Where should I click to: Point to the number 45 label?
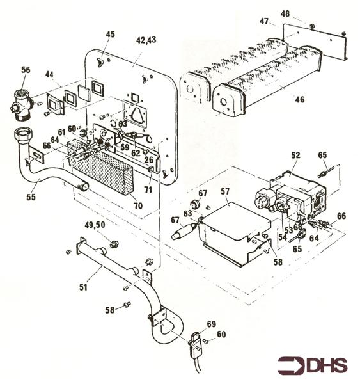(111, 34)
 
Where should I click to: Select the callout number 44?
(50, 75)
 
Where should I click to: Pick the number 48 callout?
(285, 13)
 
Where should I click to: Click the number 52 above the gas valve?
(295, 155)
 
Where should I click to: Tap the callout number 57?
(224, 191)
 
